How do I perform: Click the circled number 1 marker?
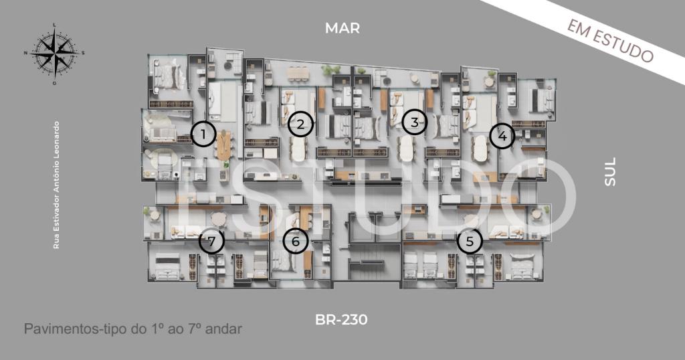click(203, 134)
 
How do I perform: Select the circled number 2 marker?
click(300, 124)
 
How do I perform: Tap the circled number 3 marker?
click(415, 122)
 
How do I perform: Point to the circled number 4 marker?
click(502, 136)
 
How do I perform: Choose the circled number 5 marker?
click(470, 241)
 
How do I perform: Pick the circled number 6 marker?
click(296, 241)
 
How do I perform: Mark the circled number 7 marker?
click(212, 241)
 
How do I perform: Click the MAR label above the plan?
click(342, 28)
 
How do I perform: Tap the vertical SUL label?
click(610, 172)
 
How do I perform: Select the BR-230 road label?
click(341, 320)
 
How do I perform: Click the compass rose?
click(54, 54)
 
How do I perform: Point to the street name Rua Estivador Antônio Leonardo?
click(56, 185)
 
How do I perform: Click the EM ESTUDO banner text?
click(610, 41)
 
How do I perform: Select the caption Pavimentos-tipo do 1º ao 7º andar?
click(133, 329)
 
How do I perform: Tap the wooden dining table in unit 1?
click(223, 145)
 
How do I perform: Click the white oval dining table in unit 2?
click(299, 149)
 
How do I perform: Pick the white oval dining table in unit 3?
click(407, 149)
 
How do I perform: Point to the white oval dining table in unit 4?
click(480, 149)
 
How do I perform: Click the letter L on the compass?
click(54, 25)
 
